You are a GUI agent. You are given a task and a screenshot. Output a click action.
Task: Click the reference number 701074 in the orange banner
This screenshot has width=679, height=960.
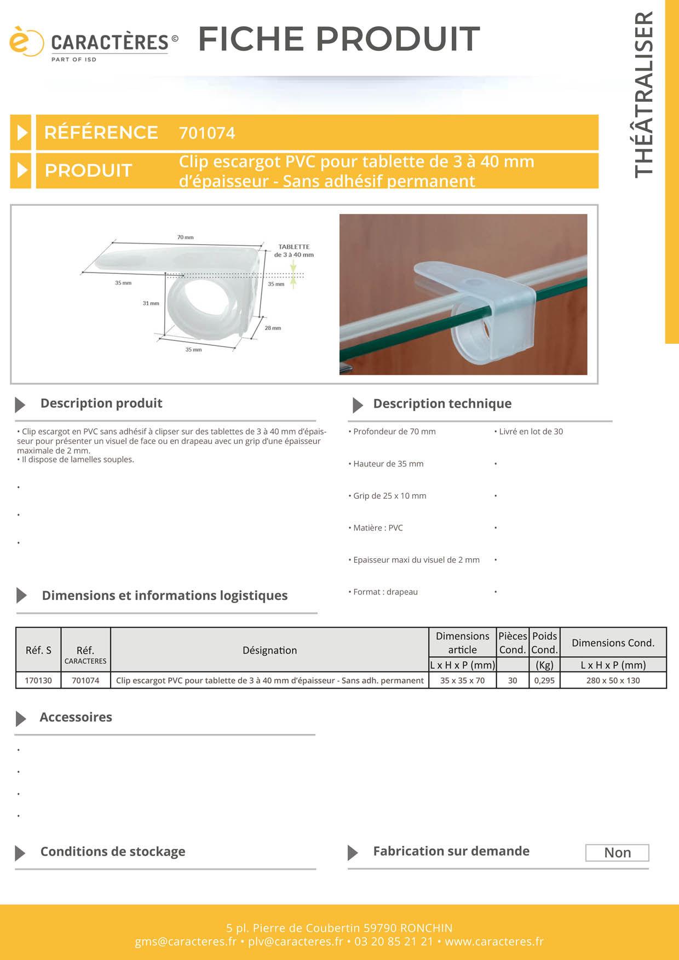click(206, 133)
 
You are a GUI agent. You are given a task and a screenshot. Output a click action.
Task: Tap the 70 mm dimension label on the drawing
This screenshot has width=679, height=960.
click(185, 238)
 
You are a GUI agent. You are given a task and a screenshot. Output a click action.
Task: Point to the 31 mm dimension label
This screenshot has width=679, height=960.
click(151, 303)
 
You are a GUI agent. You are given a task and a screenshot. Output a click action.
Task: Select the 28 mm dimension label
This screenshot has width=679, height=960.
click(273, 328)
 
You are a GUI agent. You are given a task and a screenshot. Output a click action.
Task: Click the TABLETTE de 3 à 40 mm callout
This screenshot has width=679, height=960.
click(294, 251)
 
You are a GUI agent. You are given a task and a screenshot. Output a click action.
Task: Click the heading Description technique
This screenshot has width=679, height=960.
click(442, 404)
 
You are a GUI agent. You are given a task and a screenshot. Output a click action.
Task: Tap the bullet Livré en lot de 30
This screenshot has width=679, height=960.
click(531, 431)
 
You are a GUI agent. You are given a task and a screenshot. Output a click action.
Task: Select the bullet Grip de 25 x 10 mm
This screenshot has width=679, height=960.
click(389, 496)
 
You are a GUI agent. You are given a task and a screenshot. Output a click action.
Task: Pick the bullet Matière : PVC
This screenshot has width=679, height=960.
click(378, 528)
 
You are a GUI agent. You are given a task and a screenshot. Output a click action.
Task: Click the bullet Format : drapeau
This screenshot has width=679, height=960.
click(385, 592)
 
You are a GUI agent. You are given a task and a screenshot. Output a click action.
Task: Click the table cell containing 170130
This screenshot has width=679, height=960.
click(38, 680)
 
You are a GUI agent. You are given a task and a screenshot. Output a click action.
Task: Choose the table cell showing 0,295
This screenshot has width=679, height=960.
click(544, 680)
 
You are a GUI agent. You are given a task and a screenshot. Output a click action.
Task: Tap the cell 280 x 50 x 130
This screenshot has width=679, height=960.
click(613, 680)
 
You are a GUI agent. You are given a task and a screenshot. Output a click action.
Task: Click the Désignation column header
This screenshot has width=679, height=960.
click(269, 650)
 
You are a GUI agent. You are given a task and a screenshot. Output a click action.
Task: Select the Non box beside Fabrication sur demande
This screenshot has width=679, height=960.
click(617, 853)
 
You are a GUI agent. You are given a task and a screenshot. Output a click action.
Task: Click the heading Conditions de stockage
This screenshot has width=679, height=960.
click(113, 852)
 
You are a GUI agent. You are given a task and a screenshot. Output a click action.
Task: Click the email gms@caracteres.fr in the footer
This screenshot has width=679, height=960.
click(186, 941)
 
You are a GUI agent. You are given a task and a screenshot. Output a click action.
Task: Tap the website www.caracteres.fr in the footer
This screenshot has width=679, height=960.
click(494, 941)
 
